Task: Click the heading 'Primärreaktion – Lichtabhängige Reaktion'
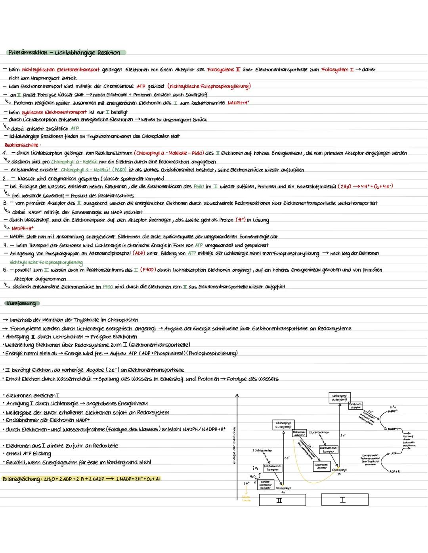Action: pos(65,53)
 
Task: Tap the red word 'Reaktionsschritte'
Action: pos(21,145)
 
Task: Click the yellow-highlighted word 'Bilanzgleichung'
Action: pos(21,479)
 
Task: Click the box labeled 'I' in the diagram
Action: pos(342,500)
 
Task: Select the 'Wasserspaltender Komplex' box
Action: pos(265,485)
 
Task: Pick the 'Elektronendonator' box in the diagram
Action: pos(322,466)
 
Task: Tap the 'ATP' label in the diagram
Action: pos(394,453)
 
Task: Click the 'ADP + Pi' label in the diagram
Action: pos(395,472)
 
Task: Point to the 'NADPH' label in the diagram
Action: pos(393,429)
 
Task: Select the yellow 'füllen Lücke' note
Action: pos(246,498)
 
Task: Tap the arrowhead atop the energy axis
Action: pos(237,395)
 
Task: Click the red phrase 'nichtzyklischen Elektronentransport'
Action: pos(61,70)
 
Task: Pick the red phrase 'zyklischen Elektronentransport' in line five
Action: pos(54,112)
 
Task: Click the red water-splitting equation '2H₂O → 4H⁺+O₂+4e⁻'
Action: pos(365,186)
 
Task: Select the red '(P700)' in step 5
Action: pos(147,270)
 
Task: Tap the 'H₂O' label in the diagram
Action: pos(252,476)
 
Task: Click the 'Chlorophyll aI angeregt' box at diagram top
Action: pos(339,397)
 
